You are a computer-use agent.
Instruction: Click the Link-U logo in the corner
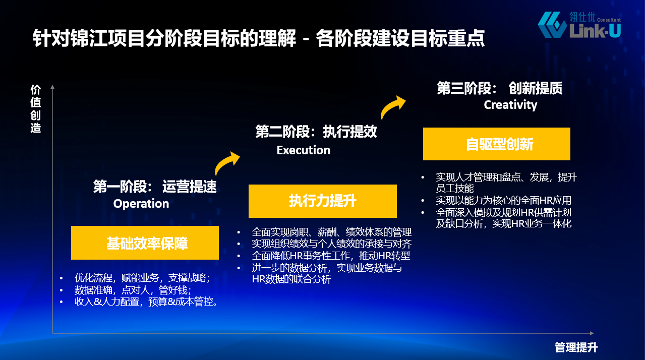pyautogui.click(x=579, y=25)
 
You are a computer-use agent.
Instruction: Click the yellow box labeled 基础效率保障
pyautogui.click(x=145, y=243)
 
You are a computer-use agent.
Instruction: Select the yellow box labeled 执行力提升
pyautogui.click(x=323, y=201)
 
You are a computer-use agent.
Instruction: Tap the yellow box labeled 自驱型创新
pyautogui.click(x=496, y=144)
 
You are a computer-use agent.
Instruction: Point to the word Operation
pyautogui.click(x=141, y=204)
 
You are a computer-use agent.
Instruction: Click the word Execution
pyautogui.click(x=304, y=150)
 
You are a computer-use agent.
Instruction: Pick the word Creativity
pyautogui.click(x=510, y=105)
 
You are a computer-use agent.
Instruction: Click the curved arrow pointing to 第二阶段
pyautogui.click(x=225, y=162)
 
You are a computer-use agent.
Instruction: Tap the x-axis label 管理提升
pyautogui.click(x=576, y=347)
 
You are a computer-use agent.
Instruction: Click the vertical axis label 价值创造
pyautogui.click(x=36, y=109)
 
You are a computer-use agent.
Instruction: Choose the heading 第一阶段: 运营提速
pyautogui.click(x=155, y=187)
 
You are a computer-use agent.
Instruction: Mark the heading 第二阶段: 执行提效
pyautogui.click(x=316, y=132)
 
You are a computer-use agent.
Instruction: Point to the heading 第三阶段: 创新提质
pyautogui.click(x=500, y=88)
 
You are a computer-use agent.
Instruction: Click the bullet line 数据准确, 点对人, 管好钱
pyautogui.click(x=133, y=290)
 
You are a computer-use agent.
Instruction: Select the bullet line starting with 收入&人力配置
pyautogui.click(x=146, y=302)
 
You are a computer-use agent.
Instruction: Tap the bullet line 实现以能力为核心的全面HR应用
pyautogui.click(x=504, y=200)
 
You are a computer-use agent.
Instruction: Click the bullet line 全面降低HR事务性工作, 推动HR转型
pyautogui.click(x=331, y=256)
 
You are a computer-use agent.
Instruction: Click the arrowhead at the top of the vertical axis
pyautogui.click(x=52, y=87)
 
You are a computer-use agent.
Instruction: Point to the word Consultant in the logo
pyautogui.click(x=609, y=20)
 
